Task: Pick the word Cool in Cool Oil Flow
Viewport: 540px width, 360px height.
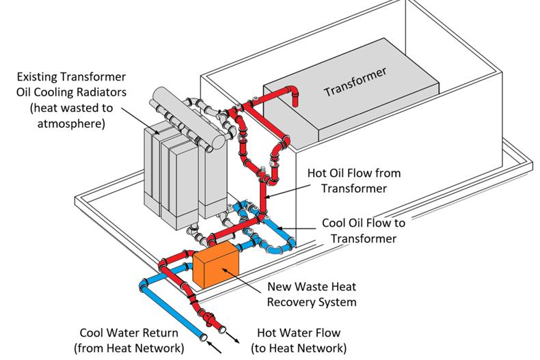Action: [x=336, y=223]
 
